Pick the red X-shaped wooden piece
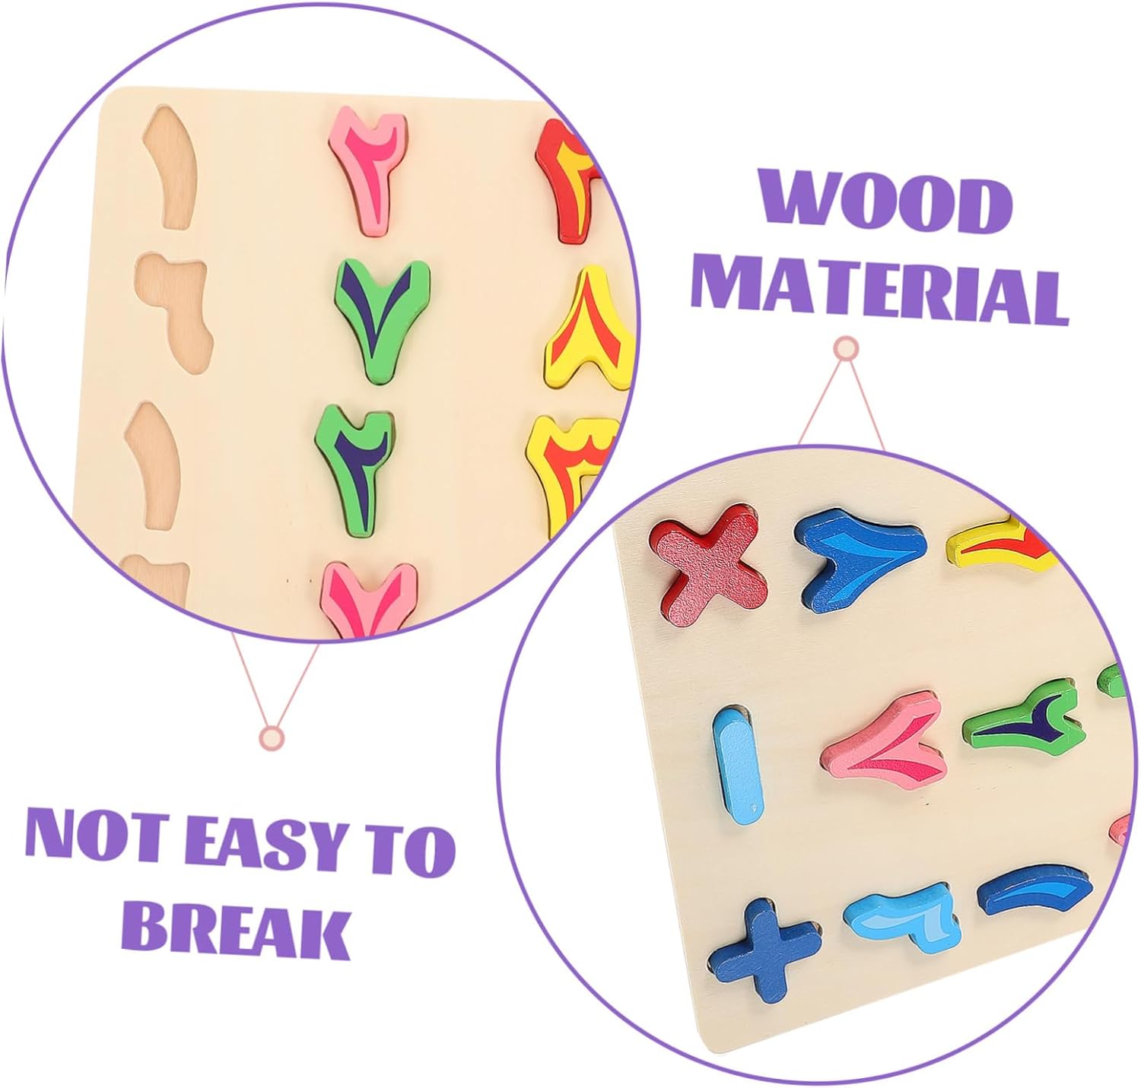[709, 566]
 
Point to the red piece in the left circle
[565, 181]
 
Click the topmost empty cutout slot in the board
[170, 167]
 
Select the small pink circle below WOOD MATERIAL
[846, 350]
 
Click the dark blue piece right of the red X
[861, 558]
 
